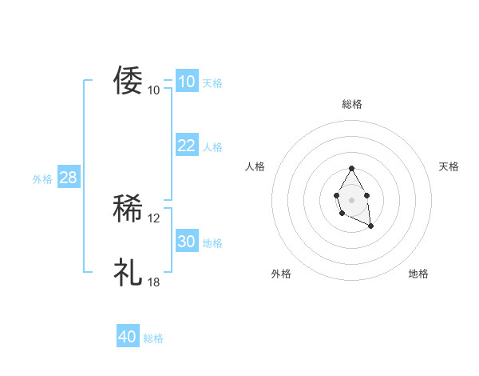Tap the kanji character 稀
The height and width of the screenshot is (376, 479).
click(x=128, y=209)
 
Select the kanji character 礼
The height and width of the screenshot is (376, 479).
click(x=128, y=272)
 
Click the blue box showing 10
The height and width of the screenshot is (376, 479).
click(x=186, y=82)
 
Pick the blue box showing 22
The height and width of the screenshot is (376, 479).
click(x=186, y=145)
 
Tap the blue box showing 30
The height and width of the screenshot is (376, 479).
click(x=186, y=242)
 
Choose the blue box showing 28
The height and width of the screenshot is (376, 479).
click(x=68, y=178)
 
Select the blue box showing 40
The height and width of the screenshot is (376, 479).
click(x=127, y=337)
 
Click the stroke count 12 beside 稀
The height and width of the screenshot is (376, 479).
click(x=154, y=218)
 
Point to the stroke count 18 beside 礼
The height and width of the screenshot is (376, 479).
click(x=154, y=282)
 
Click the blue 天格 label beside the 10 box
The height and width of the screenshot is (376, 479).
click(x=212, y=83)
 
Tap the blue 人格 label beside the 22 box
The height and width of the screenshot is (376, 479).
click(x=212, y=147)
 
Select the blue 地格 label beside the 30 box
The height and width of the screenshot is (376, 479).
click(x=212, y=243)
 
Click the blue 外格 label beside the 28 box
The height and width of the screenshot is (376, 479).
click(x=42, y=179)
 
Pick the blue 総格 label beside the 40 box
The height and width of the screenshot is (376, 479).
click(x=153, y=339)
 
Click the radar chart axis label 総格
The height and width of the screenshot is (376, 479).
click(x=351, y=104)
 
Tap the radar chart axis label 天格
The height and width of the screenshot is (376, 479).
click(x=449, y=166)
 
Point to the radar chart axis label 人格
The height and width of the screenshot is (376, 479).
click(x=255, y=166)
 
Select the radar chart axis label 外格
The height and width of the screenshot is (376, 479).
click(x=281, y=274)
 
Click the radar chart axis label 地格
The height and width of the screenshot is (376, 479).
click(x=418, y=274)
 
